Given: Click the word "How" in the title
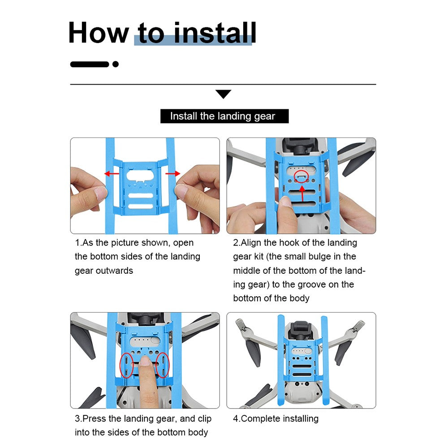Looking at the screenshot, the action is point(99,33).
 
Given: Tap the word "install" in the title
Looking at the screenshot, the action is point(215,33).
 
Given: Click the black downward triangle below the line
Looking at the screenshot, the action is point(224,94).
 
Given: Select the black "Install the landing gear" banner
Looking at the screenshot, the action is point(224,116).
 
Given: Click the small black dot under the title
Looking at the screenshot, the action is point(116,64).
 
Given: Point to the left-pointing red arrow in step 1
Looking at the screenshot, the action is point(112,173).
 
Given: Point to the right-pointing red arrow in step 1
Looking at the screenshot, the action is point(173,173).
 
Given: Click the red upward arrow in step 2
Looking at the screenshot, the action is point(302,194).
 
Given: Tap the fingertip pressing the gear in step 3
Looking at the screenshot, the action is point(146,362).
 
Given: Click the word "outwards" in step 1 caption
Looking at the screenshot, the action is point(114,271).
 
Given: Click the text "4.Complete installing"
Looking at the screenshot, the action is point(276,418).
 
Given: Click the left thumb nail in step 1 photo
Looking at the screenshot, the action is point(100,192).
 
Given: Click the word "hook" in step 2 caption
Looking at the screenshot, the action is point(289,242).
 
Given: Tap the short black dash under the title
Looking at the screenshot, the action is point(90,64).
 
